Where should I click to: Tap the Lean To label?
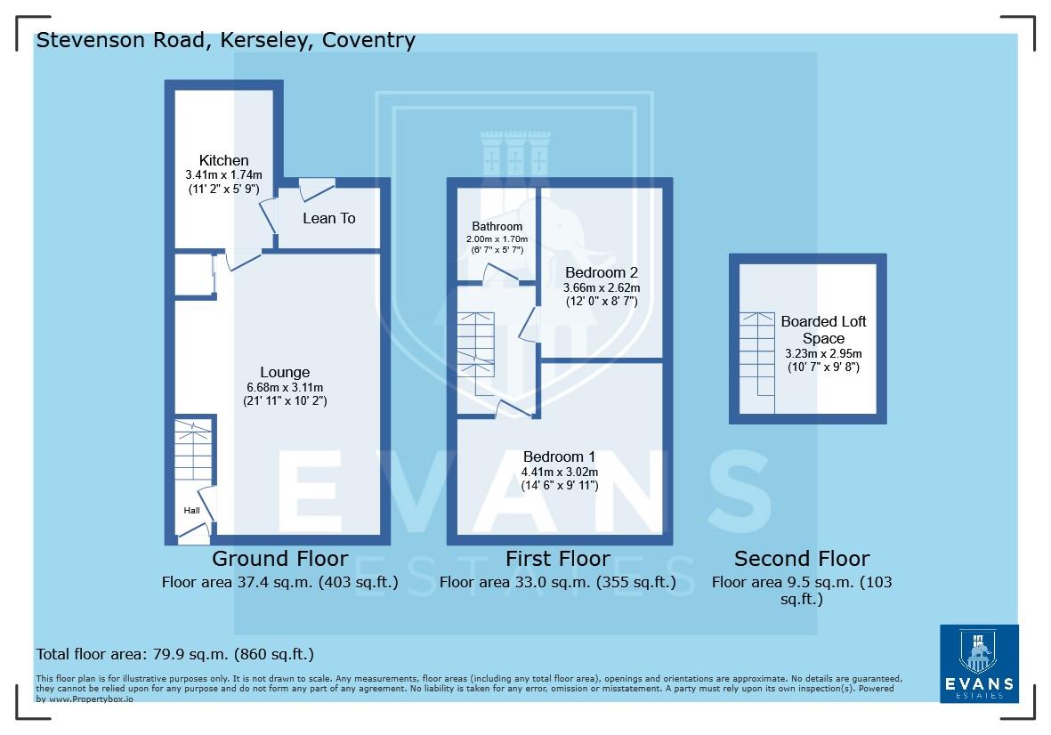point(328,218)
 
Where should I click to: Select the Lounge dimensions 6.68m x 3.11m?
point(285,387)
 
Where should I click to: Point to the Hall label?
point(191,511)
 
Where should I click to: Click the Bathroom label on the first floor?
point(497,227)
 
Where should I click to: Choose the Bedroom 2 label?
point(601,272)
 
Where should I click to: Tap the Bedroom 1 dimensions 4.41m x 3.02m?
point(559,472)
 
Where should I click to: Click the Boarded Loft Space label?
point(823,329)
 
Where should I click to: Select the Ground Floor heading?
point(279,559)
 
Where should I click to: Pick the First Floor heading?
point(558,559)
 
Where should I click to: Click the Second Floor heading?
point(801,559)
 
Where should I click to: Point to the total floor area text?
point(174,655)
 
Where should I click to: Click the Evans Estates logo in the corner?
point(979,663)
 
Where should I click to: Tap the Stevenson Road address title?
point(225,40)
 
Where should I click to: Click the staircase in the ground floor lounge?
point(193,454)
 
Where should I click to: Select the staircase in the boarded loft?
point(758,356)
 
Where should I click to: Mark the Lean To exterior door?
point(316,188)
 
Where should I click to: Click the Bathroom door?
point(501,275)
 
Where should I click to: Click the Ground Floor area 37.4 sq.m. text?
point(279,584)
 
